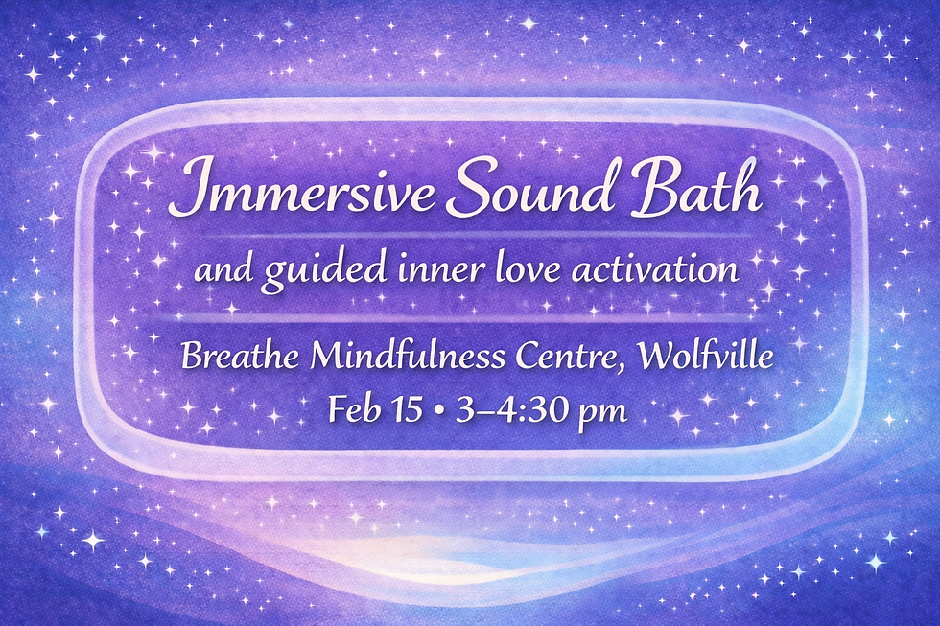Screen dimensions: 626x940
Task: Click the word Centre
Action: coord(570,358)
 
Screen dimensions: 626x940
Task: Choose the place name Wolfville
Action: coord(705,358)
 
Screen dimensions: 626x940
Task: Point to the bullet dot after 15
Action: coord(438,412)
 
